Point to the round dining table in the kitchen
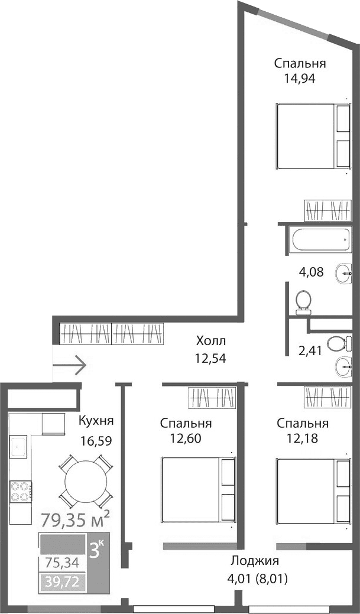pyautogui.click(x=86, y=480)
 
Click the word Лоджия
pyautogui.click(x=254, y=561)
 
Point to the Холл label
pyautogui.click(x=211, y=341)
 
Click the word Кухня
pyautogui.click(x=96, y=421)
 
